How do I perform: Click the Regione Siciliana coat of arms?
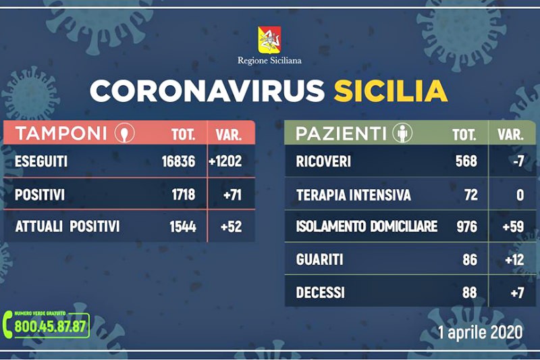click(269, 40)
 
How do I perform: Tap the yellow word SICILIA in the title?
click(391, 91)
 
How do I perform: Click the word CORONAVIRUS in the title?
click(207, 91)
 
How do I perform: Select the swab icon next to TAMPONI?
click(125, 132)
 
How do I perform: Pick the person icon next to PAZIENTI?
click(402, 133)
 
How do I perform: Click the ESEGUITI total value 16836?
click(178, 161)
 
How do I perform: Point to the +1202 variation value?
click(225, 161)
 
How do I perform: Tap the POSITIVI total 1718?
click(183, 195)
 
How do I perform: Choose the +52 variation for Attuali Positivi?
click(231, 227)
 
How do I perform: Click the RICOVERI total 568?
click(466, 161)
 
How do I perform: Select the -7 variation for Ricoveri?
click(518, 161)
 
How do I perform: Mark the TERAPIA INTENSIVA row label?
click(353, 195)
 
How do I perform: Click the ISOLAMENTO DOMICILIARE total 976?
click(467, 227)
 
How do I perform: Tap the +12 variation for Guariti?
click(514, 260)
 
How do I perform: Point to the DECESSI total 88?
click(470, 293)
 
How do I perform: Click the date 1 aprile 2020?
click(480, 332)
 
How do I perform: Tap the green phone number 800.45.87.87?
click(50, 326)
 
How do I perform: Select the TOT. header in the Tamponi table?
click(183, 134)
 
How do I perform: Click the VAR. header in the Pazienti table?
click(511, 134)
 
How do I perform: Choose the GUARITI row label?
click(319, 260)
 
